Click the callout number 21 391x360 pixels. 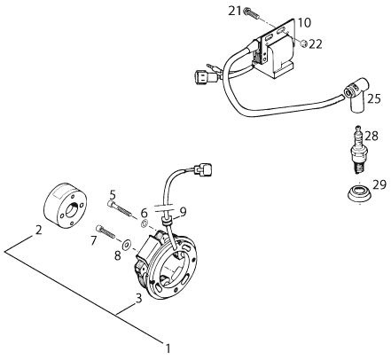(x=235, y=12)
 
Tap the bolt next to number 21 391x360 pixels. (x=250, y=13)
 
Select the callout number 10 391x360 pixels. (x=304, y=23)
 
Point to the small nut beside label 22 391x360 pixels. (x=303, y=43)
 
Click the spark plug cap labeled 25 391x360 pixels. (x=356, y=95)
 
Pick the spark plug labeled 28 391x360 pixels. (x=358, y=149)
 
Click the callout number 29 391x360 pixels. (x=379, y=184)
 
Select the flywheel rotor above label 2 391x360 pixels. (x=66, y=205)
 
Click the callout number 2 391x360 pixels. (x=38, y=230)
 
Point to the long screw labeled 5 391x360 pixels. (x=119, y=208)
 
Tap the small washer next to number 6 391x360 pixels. (x=145, y=223)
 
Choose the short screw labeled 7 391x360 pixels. (x=106, y=231)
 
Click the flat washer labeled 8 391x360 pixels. (x=128, y=245)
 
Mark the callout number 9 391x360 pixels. (x=184, y=211)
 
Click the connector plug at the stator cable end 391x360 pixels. (x=202, y=168)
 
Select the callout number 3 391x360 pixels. (x=138, y=298)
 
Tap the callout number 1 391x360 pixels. (x=168, y=348)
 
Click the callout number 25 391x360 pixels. (x=374, y=99)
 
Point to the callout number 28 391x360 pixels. (x=371, y=137)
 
